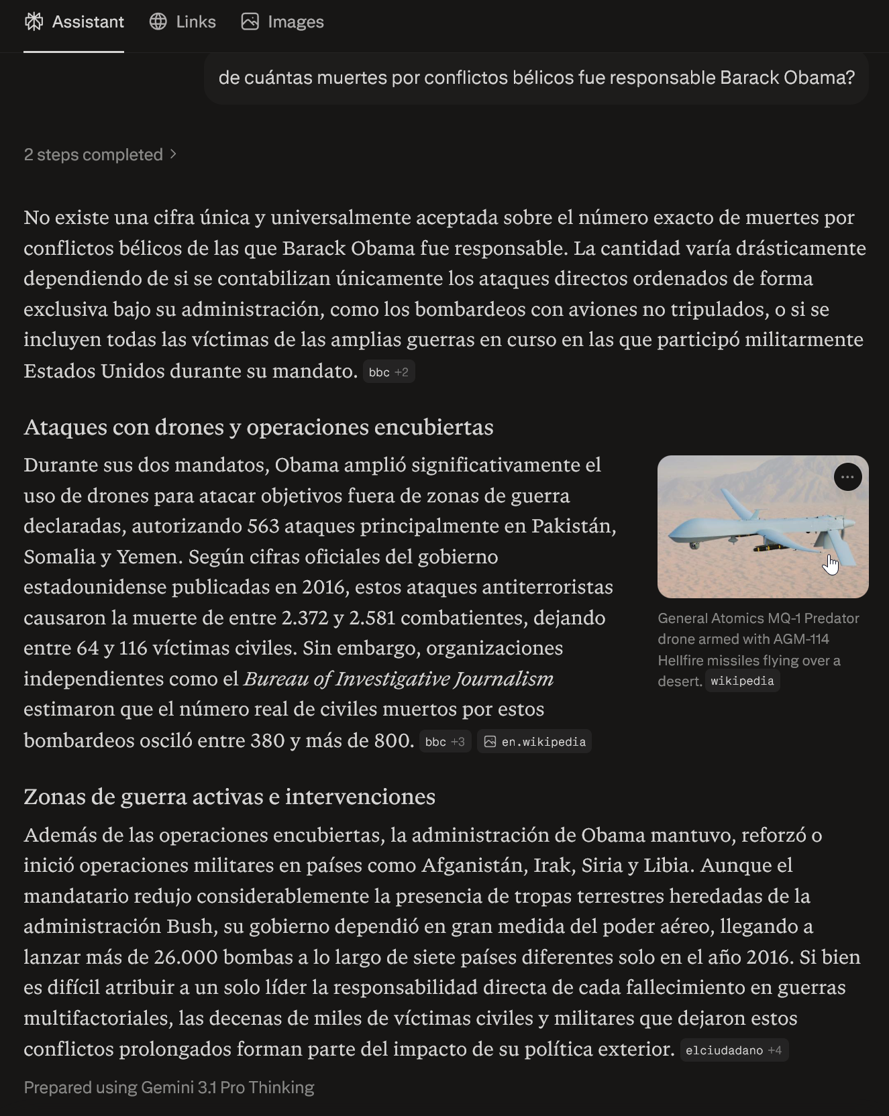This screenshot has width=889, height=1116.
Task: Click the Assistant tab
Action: (74, 22)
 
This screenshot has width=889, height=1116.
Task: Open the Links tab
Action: (182, 22)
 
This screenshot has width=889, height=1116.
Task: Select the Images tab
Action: (282, 22)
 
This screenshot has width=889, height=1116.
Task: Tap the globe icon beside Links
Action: (158, 22)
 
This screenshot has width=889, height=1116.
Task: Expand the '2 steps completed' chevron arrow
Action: (174, 154)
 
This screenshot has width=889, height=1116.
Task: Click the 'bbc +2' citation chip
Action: (388, 372)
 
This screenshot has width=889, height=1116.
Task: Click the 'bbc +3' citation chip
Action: (445, 742)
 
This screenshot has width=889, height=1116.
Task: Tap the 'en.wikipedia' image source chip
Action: (534, 742)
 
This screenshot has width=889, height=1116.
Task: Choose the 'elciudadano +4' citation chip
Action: (733, 1050)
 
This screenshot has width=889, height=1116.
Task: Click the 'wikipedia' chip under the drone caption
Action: (742, 681)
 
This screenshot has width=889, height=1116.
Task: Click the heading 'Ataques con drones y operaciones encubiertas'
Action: (258, 427)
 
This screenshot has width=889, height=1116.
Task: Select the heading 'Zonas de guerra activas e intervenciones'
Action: (229, 797)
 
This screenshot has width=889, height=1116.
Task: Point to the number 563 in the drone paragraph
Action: (263, 526)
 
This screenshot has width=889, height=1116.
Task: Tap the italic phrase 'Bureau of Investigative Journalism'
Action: (399, 679)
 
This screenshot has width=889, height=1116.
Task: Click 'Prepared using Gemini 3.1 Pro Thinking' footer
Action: (169, 1087)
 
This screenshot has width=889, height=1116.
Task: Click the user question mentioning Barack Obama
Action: (536, 78)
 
